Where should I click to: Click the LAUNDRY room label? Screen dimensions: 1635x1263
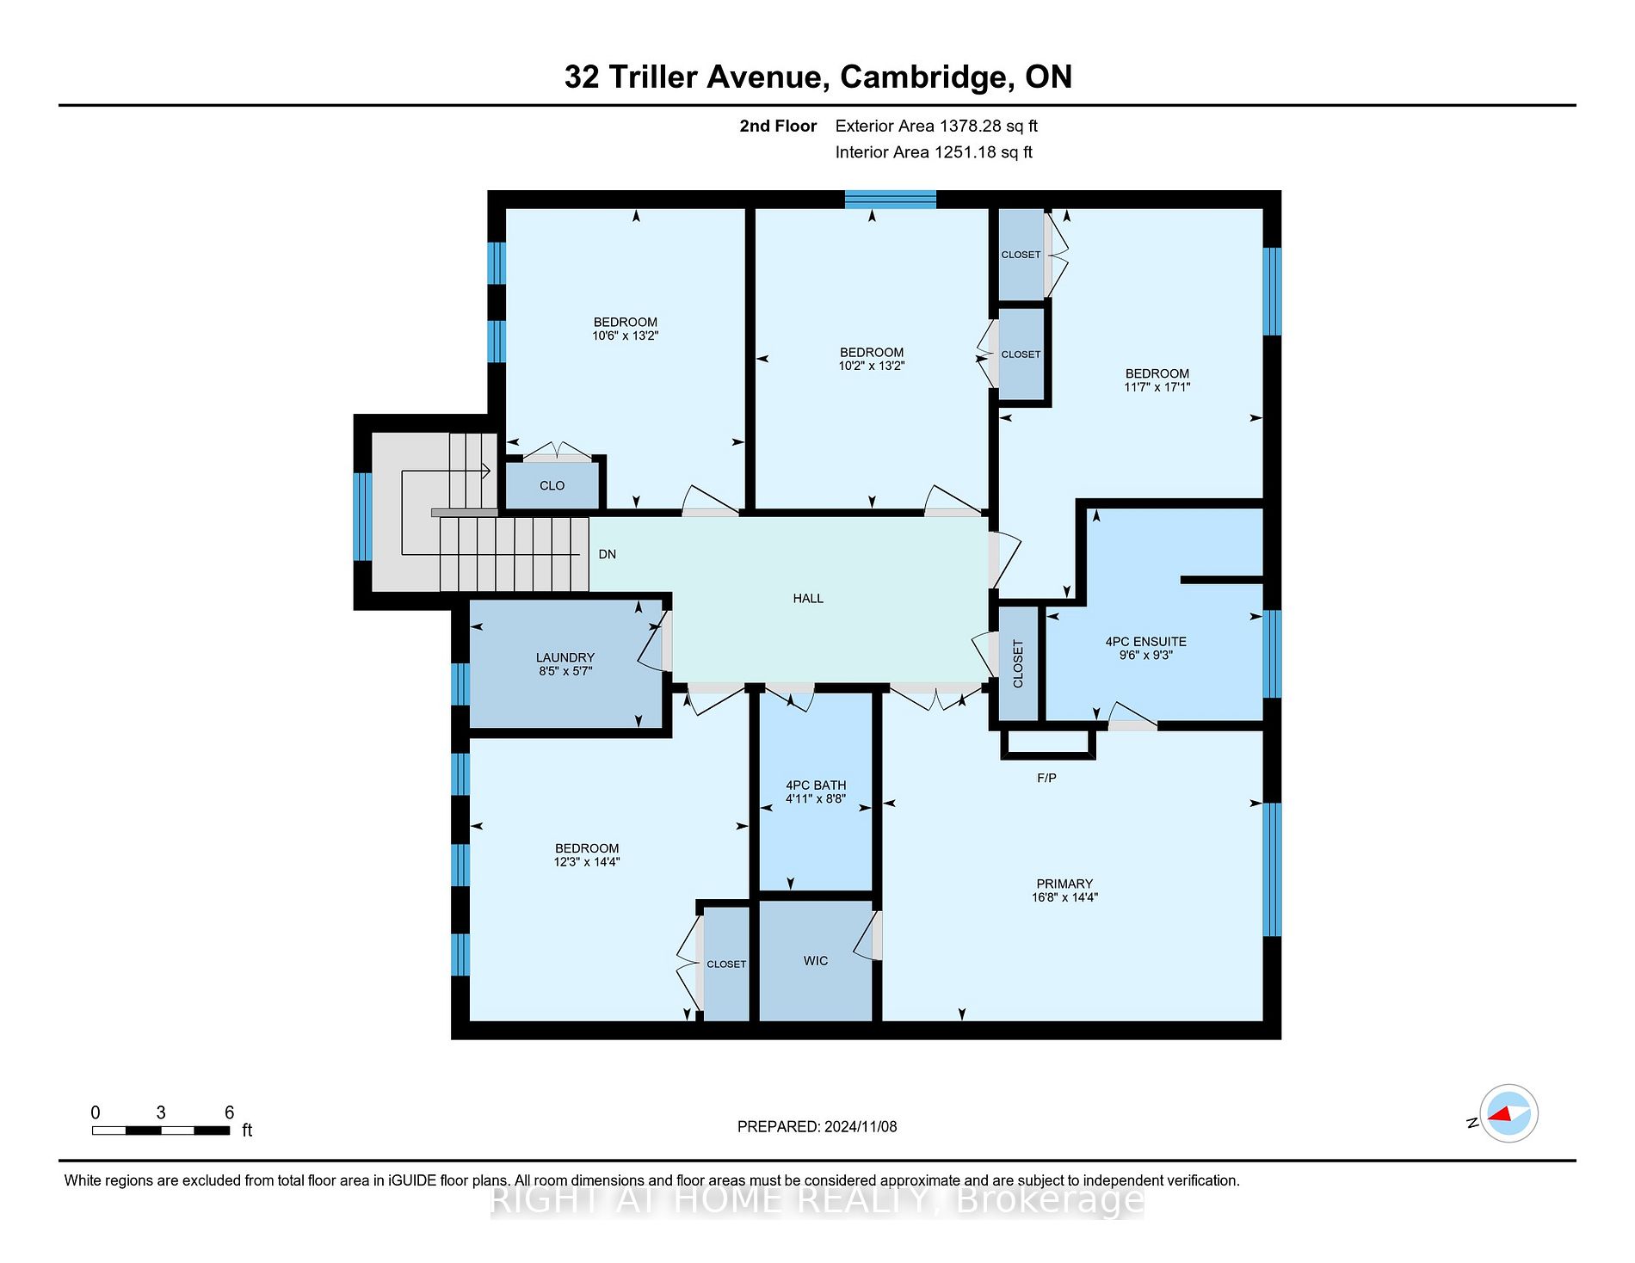tap(565, 657)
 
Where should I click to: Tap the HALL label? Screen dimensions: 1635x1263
tap(808, 598)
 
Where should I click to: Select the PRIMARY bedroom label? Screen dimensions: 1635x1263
tap(1064, 884)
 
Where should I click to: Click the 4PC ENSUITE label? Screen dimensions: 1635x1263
tap(1145, 642)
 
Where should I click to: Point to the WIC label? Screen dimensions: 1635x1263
tap(816, 960)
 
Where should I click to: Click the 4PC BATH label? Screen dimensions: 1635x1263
tap(816, 785)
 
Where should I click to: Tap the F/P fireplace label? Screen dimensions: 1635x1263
tap(1046, 778)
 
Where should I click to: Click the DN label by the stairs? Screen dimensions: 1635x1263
tap(608, 554)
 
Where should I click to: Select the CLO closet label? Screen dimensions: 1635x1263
tap(552, 485)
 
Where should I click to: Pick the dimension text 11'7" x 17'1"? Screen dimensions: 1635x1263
tap(1157, 387)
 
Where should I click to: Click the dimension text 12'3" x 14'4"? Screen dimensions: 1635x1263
tap(587, 861)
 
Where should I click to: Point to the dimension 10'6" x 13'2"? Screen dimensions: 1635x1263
tap(626, 336)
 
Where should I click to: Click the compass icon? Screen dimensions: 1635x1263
tap(1509, 1113)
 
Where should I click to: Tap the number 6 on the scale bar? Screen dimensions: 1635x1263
tap(229, 1112)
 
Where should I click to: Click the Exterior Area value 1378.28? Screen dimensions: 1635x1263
tap(971, 126)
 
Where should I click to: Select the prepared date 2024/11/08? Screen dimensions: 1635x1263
tap(861, 1126)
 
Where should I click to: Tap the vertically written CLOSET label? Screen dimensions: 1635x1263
tap(1018, 663)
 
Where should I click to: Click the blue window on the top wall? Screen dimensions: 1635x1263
tap(890, 200)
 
